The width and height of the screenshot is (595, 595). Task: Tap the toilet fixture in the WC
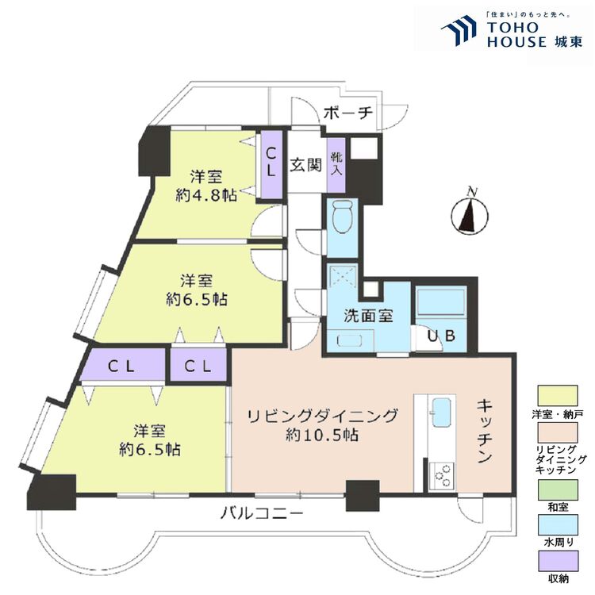(343, 217)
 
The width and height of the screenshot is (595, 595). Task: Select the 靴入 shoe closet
(336, 164)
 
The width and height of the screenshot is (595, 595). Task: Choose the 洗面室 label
(368, 316)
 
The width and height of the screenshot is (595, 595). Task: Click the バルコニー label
(261, 514)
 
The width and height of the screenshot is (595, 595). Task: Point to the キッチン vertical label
(486, 431)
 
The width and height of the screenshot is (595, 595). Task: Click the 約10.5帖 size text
(321, 435)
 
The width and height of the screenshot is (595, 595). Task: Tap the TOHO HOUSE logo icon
(458, 30)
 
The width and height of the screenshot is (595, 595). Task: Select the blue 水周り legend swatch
(559, 526)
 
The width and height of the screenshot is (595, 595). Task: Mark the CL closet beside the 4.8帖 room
(271, 163)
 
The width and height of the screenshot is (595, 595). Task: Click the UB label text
(441, 336)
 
